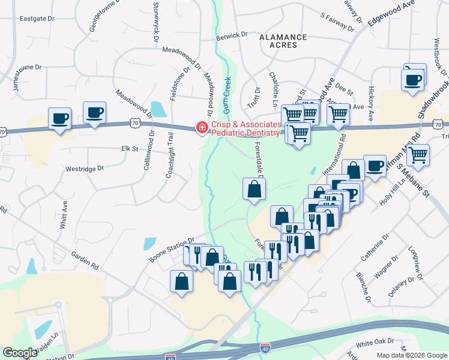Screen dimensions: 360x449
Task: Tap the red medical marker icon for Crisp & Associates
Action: pyautogui.click(x=202, y=128)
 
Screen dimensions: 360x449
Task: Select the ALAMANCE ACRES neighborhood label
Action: pyautogui.click(x=283, y=41)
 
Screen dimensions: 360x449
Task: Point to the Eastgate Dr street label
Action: pyautogui.click(x=37, y=19)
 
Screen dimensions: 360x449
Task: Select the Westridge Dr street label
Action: pyautogui.click(x=84, y=170)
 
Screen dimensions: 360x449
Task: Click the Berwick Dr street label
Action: pyautogui.click(x=232, y=35)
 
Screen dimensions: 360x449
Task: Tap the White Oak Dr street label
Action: pyautogui.click(x=373, y=344)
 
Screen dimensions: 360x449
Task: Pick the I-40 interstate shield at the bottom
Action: pyautogui.click(x=265, y=346)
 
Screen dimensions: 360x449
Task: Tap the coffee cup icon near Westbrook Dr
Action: pyautogui.click(x=414, y=79)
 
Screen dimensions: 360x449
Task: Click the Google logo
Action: pyautogui.click(x=20, y=353)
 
